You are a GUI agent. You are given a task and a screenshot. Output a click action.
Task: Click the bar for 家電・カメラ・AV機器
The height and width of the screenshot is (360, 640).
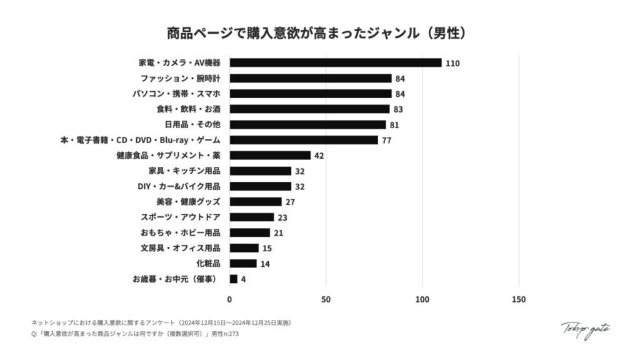pyautogui.click(x=336, y=62)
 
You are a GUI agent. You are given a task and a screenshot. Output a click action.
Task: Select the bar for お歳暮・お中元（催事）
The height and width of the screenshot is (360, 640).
pyautogui.click(x=234, y=279)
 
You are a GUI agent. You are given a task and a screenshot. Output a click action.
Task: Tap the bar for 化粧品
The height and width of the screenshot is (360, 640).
pyautogui.click(x=243, y=263)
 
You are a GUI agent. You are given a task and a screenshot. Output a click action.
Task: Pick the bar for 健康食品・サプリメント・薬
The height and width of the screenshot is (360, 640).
pyautogui.click(x=270, y=155)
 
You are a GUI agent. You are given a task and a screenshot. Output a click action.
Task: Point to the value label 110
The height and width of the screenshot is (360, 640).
pyautogui.click(x=453, y=63)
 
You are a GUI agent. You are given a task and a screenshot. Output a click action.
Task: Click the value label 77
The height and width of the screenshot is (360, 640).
pyautogui.click(x=386, y=140)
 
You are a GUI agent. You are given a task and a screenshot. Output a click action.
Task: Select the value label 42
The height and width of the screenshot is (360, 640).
pyautogui.click(x=319, y=156)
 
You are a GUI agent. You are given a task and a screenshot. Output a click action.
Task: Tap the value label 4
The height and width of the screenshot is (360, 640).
pyautogui.click(x=243, y=279)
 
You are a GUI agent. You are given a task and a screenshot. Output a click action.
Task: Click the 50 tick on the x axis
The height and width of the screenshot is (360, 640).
pyautogui.click(x=326, y=299)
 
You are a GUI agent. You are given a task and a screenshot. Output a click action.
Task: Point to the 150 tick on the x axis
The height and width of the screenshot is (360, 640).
pyautogui.click(x=518, y=299)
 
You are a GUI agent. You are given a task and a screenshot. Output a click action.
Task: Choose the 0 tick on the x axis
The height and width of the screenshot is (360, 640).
pyautogui.click(x=229, y=299)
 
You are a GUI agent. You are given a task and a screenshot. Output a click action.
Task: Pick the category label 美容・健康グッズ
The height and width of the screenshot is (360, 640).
pyautogui.click(x=188, y=202)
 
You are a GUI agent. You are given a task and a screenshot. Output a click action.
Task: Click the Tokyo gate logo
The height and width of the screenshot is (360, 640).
pyautogui.click(x=585, y=329)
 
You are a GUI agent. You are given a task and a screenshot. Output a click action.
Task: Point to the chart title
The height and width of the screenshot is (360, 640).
pyautogui.click(x=319, y=32)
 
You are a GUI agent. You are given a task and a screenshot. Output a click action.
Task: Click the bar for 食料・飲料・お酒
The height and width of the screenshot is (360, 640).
pyautogui.click(x=309, y=109)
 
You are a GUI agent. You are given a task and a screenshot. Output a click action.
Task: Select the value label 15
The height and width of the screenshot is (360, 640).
pyautogui.click(x=267, y=248)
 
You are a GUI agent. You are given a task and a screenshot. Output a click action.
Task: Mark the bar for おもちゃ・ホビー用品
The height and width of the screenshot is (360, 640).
pyautogui.click(x=249, y=232)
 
